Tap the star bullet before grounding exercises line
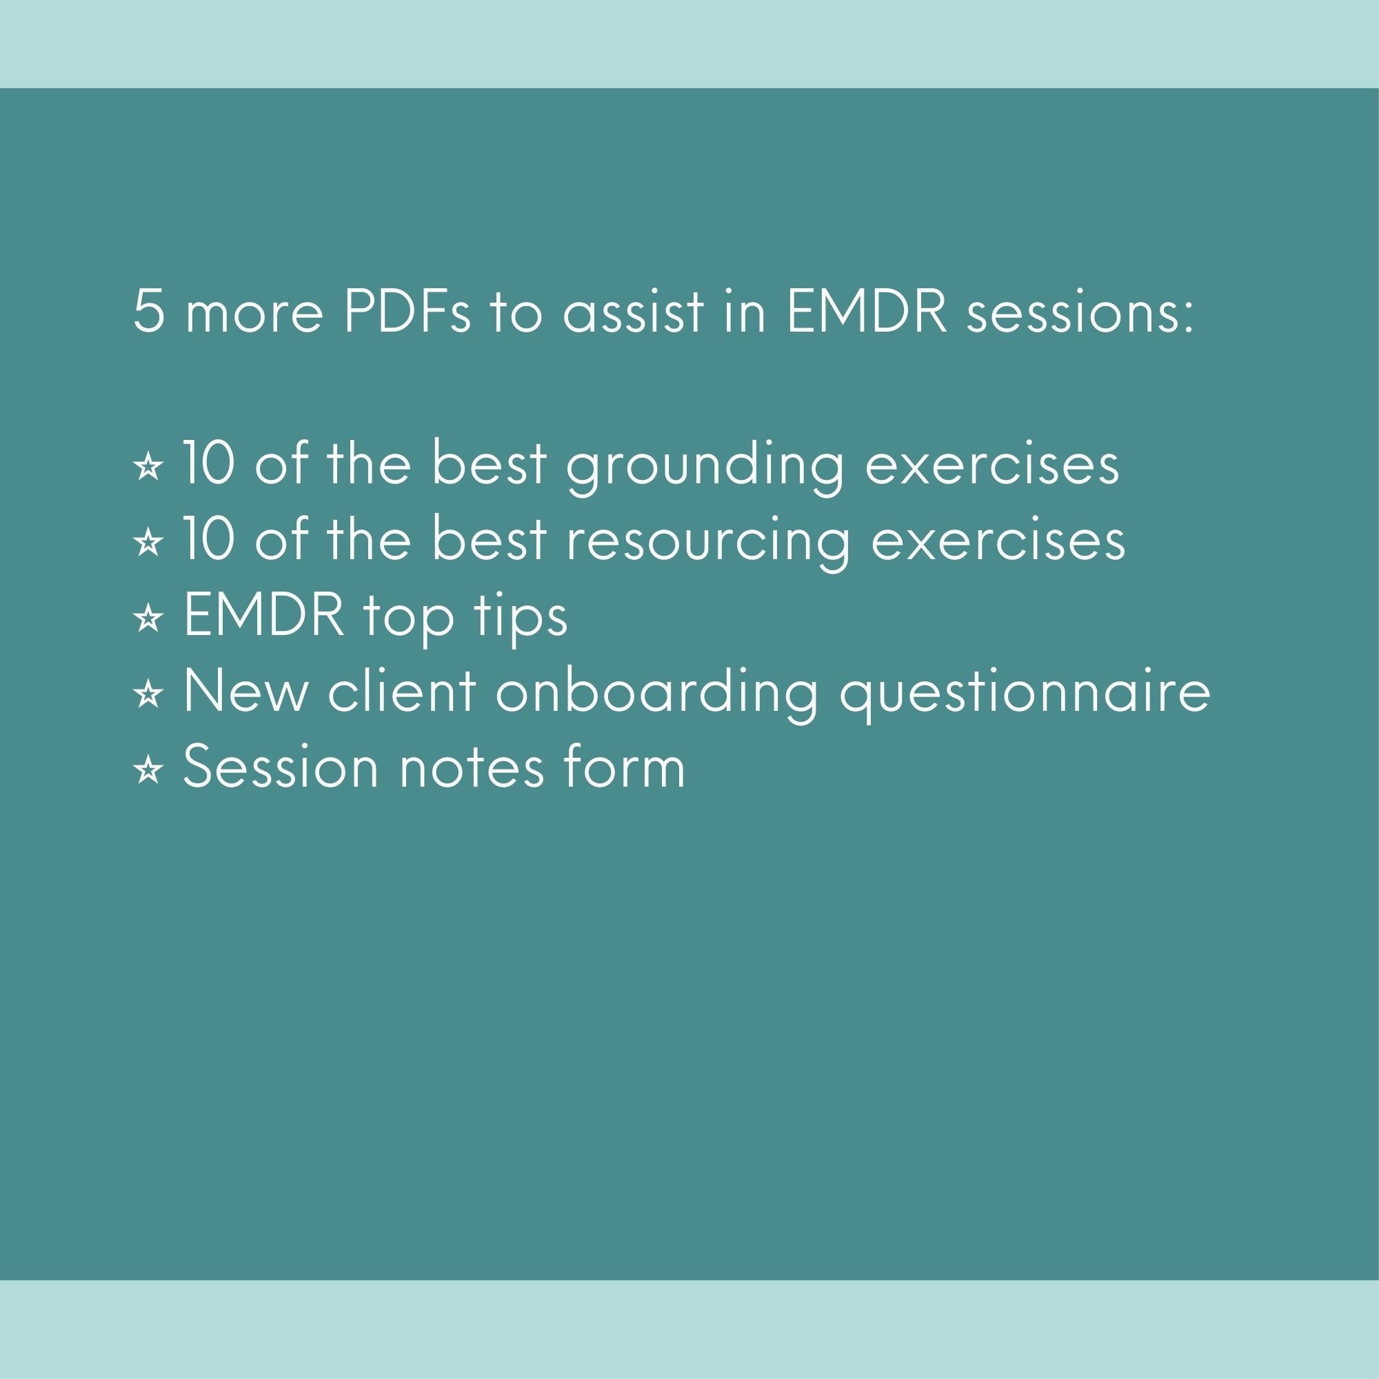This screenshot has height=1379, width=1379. point(148,467)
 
